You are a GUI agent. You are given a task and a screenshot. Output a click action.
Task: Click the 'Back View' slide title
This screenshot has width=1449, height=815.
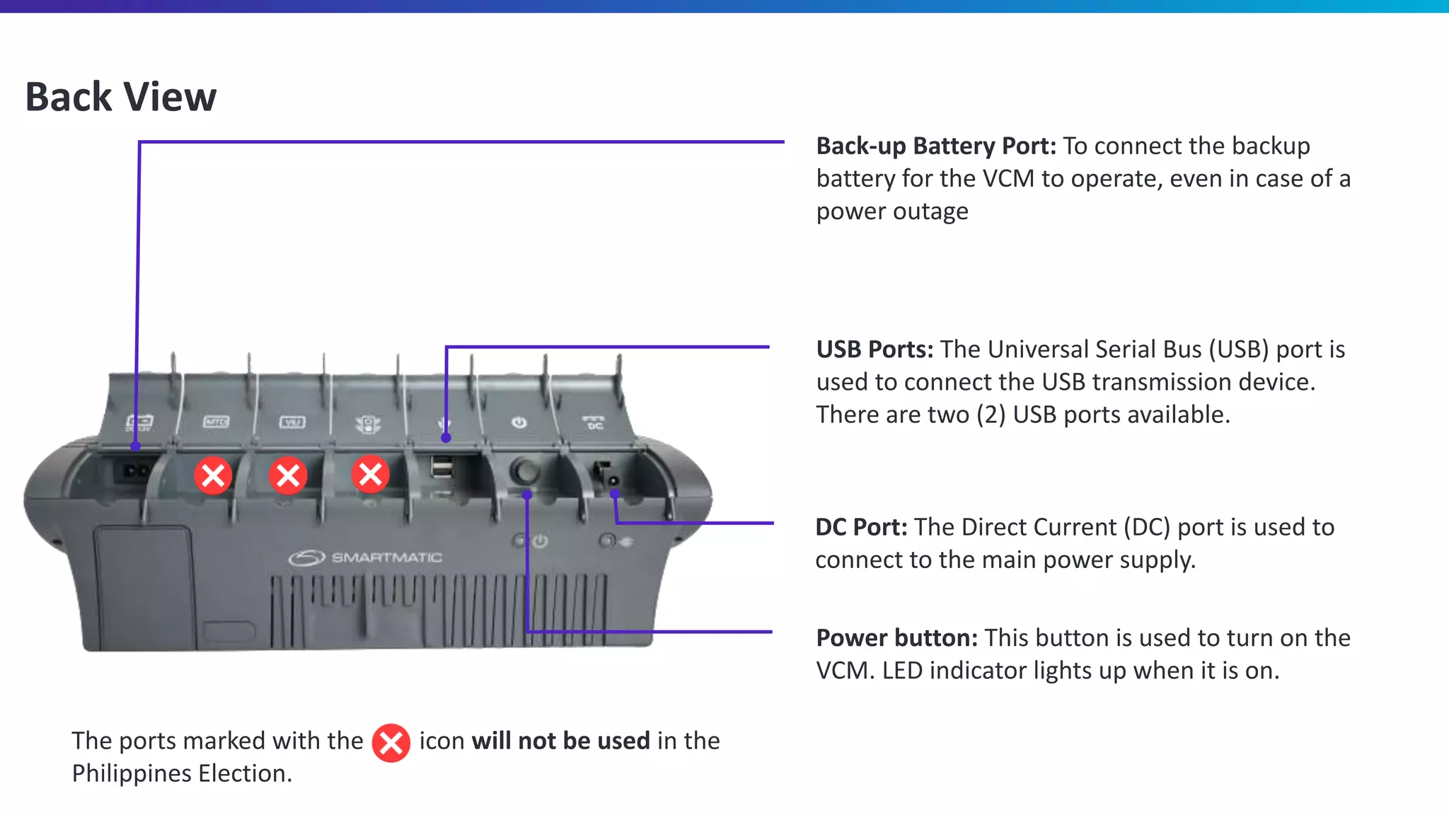(x=120, y=97)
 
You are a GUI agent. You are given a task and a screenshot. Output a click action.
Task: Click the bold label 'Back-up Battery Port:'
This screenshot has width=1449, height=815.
(x=935, y=146)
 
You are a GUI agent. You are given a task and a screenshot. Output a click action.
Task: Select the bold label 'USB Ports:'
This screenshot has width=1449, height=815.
(x=874, y=349)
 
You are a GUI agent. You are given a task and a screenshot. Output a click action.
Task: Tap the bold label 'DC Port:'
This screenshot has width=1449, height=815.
(x=861, y=527)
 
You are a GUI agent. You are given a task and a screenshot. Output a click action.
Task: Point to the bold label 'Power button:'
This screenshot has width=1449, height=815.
(x=896, y=638)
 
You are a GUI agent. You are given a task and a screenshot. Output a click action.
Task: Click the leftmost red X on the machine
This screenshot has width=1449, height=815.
(x=213, y=475)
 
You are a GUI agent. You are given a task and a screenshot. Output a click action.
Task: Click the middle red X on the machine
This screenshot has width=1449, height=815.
(x=288, y=475)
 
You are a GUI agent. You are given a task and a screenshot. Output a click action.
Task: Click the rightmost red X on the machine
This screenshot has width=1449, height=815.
(x=370, y=474)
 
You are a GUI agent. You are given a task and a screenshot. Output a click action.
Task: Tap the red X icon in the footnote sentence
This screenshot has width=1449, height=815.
(x=391, y=743)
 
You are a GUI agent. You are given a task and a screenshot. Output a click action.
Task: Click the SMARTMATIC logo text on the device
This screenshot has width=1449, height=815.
(x=386, y=558)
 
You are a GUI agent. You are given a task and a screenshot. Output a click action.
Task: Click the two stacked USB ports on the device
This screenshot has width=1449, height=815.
(x=442, y=468)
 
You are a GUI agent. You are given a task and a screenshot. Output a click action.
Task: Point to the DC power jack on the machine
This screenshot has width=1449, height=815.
(x=606, y=475)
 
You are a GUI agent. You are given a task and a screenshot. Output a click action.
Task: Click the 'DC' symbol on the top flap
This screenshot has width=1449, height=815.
(x=594, y=423)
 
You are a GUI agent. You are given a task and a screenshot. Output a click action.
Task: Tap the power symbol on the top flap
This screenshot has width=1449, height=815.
(x=519, y=422)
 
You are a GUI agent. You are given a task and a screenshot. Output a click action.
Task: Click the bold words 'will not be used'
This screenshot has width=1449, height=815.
(x=560, y=741)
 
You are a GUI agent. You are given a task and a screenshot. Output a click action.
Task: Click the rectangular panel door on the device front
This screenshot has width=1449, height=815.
(x=145, y=587)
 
